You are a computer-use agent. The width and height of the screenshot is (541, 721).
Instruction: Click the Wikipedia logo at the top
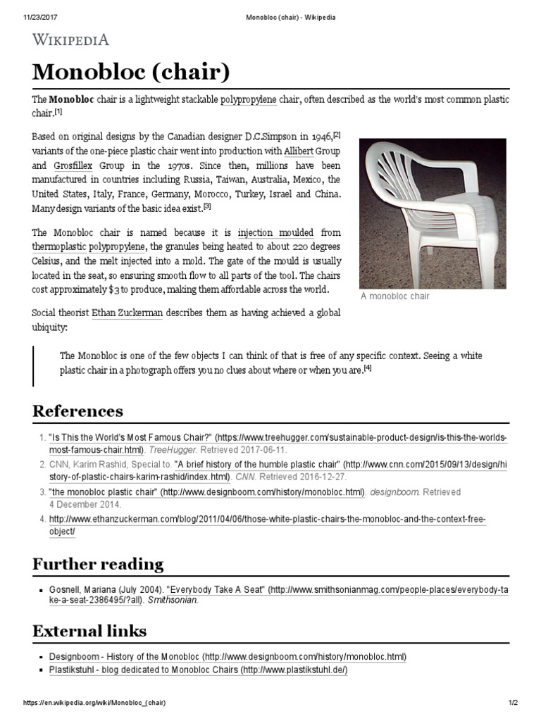70,39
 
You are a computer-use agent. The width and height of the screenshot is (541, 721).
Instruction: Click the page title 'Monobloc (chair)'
131,73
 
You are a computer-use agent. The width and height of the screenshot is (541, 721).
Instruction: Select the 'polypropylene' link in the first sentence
249,100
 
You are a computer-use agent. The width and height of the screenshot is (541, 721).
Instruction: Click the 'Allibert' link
299,151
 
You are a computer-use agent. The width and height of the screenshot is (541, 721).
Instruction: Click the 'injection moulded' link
275,232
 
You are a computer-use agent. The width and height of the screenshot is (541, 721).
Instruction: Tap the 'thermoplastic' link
59,246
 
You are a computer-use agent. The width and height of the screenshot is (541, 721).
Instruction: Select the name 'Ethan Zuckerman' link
127,313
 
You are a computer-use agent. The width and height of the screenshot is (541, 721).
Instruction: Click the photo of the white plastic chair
433,213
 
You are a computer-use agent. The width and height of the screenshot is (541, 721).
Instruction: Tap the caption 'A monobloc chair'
394,296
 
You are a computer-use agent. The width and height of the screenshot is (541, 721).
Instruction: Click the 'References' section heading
77,411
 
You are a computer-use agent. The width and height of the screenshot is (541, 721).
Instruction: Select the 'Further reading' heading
98,564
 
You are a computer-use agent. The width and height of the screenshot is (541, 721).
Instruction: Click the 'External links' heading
89,630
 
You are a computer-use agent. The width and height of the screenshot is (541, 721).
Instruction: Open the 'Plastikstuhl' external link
73,670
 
